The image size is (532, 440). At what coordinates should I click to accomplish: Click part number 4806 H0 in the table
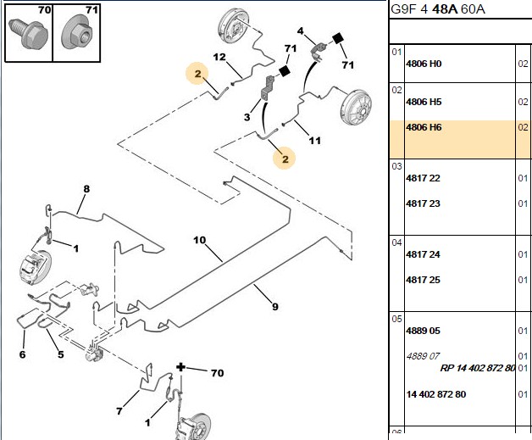(424, 64)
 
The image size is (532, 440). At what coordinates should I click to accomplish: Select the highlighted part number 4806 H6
(424, 127)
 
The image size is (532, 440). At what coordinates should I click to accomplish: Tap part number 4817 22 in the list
(423, 178)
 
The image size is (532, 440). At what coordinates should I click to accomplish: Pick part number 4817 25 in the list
(423, 280)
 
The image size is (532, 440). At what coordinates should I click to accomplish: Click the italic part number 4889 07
(423, 356)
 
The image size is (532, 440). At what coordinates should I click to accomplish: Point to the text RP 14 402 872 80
(478, 368)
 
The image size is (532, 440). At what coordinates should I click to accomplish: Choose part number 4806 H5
(424, 102)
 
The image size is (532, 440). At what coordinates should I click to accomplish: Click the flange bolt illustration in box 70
(28, 34)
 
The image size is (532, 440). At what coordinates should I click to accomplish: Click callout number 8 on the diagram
(86, 189)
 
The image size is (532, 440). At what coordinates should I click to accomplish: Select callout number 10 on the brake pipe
(200, 240)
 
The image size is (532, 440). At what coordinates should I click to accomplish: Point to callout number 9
(275, 307)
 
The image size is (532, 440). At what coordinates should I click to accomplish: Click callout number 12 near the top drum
(219, 57)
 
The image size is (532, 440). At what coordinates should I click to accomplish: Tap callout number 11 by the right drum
(314, 140)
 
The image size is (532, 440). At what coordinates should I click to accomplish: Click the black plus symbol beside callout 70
(180, 367)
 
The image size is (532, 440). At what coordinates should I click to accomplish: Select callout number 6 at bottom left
(22, 354)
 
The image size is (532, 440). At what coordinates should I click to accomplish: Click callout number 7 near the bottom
(119, 411)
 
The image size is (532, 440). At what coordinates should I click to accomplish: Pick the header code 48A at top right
(445, 9)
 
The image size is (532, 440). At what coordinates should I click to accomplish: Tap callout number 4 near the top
(300, 31)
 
